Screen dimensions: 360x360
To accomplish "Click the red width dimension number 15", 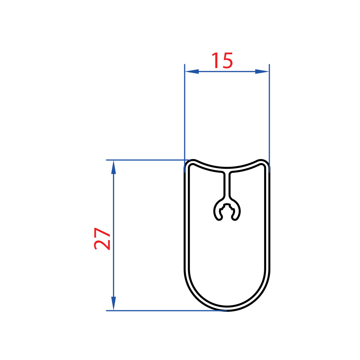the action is (x=222, y=60).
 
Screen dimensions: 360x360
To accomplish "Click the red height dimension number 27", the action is (x=102, y=239).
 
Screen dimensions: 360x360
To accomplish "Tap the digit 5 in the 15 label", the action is (x=227, y=61).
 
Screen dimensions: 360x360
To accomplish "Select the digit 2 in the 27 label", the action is (x=102, y=245).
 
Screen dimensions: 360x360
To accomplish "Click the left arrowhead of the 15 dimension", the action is (x=192, y=71).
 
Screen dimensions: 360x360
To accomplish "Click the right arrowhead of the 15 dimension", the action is (x=262, y=71).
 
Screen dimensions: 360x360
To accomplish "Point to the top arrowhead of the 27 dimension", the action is (x=113, y=167).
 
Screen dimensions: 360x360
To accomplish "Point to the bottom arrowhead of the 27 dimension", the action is (x=113, y=303).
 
